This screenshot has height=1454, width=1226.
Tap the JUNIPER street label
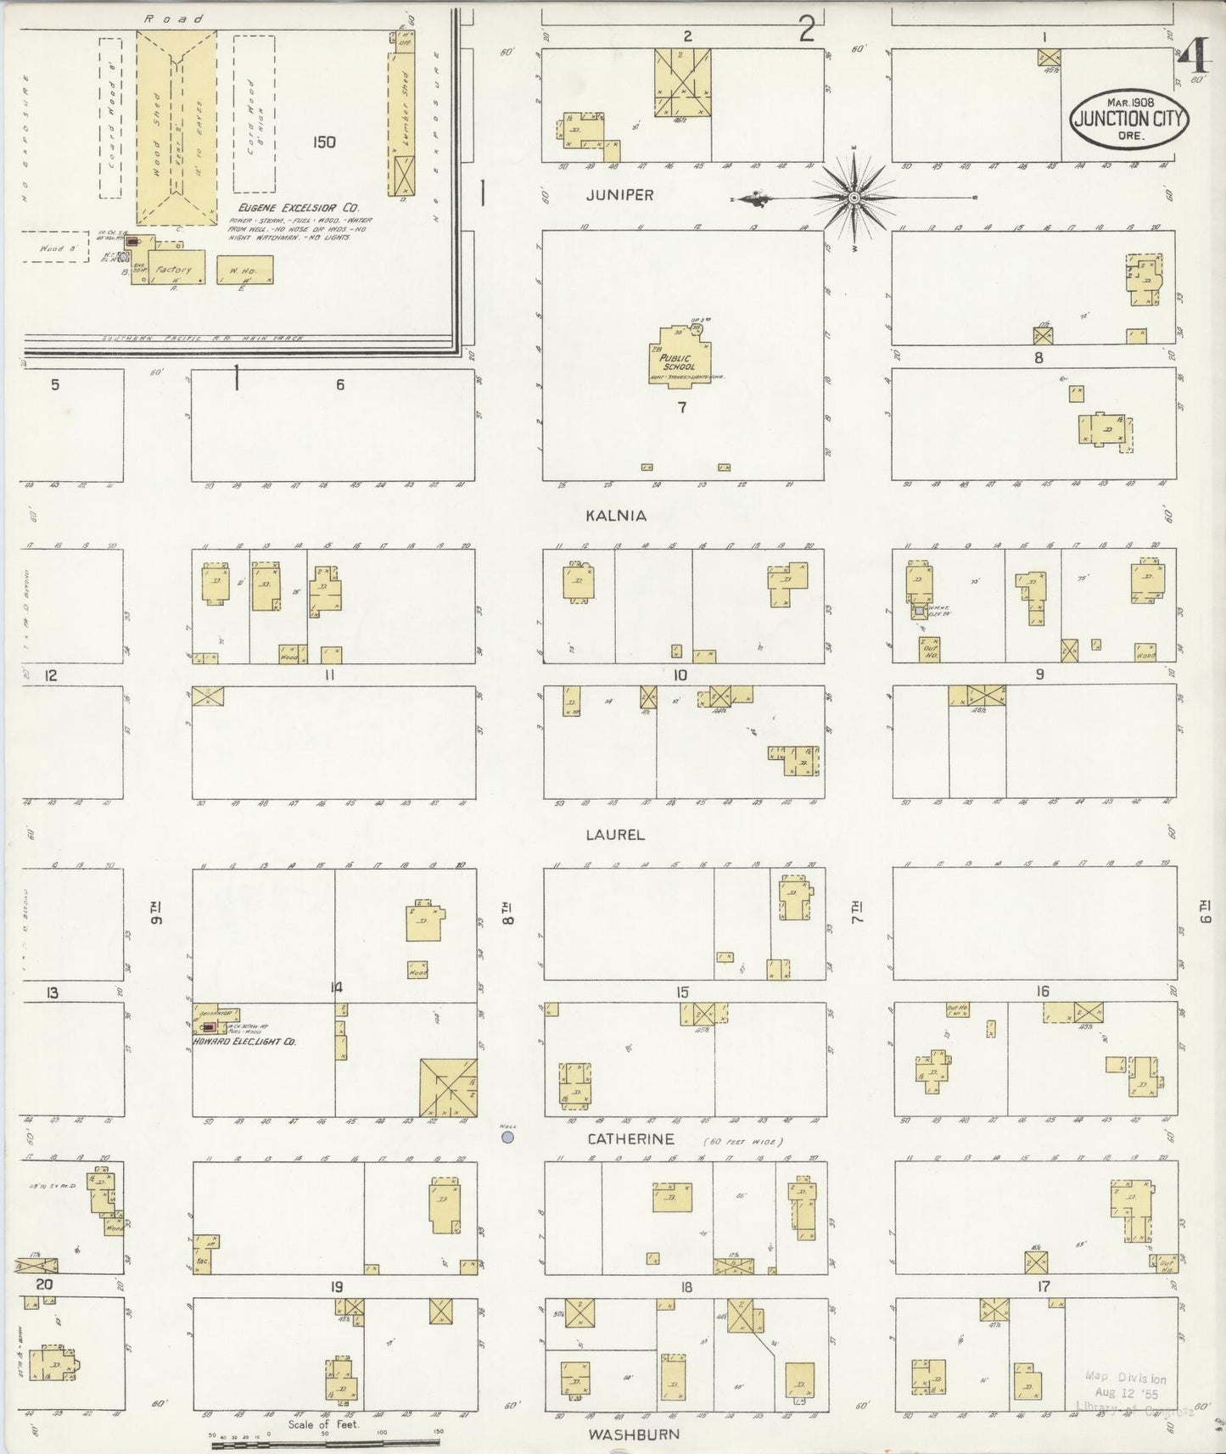pyautogui.click(x=619, y=195)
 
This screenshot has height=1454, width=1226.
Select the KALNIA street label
pyautogui.click(x=615, y=516)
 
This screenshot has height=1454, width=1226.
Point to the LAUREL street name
pyautogui.click(x=615, y=835)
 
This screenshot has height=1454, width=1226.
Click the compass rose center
pyautogui.click(x=855, y=198)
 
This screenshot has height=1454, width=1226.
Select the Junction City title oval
pyautogui.click(x=1128, y=120)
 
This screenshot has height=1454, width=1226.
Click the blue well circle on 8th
pyautogui.click(x=507, y=1137)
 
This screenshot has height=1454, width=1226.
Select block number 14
pyautogui.click(x=337, y=987)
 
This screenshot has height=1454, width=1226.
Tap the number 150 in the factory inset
pyautogui.click(x=323, y=142)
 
